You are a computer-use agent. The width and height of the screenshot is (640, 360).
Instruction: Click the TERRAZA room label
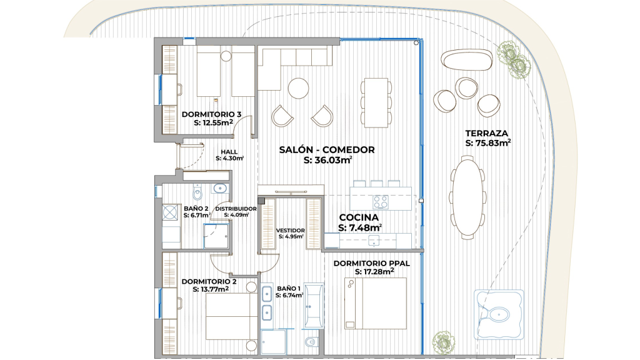click(486, 133)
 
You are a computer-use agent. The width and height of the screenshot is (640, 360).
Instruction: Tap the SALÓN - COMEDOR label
click(326, 150)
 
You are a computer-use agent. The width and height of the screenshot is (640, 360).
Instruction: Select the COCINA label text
click(359, 217)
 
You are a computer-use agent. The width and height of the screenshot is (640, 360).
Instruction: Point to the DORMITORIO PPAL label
click(371, 263)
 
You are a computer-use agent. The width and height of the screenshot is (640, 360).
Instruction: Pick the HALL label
click(229, 152)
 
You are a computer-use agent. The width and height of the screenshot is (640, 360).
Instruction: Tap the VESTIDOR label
click(290, 230)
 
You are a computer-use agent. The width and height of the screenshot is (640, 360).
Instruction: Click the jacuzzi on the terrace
click(499, 314)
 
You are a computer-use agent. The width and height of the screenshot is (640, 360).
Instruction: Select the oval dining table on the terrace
click(467, 196)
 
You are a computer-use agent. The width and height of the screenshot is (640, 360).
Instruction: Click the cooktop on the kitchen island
click(381, 202)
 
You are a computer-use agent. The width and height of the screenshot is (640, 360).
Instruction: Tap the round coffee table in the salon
click(298, 88)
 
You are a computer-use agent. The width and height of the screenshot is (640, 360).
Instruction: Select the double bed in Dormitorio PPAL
click(376, 303)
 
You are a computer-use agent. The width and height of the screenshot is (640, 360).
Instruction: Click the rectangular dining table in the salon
click(376, 103)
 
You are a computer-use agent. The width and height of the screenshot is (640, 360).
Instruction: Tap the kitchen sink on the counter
click(374, 241)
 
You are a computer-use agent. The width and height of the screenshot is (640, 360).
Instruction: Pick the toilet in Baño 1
click(311, 341)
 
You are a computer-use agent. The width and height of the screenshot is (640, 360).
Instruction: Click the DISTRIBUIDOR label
click(236, 209)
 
